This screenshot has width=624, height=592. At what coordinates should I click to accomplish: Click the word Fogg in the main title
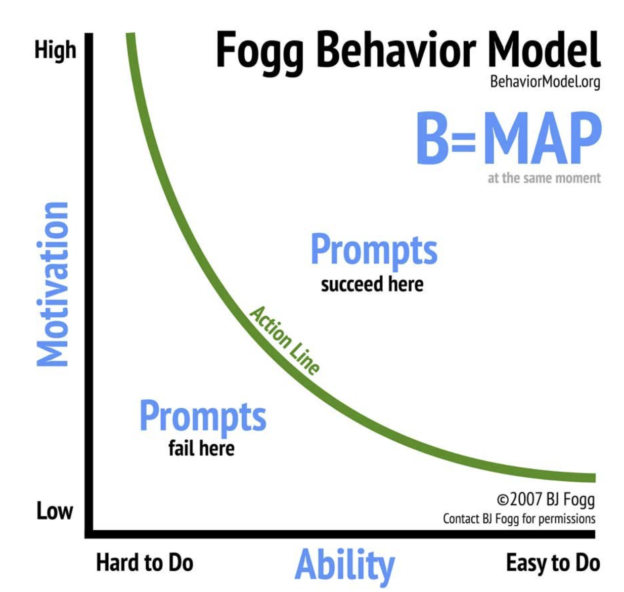pyautogui.click(x=259, y=51)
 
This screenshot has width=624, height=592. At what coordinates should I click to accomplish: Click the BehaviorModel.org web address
pyautogui.click(x=545, y=82)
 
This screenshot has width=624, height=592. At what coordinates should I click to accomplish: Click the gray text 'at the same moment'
pyautogui.click(x=544, y=178)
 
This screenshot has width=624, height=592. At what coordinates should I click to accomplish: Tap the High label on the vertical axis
pyautogui.click(x=55, y=51)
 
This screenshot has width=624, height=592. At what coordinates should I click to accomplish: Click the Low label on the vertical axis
pyautogui.click(x=55, y=511)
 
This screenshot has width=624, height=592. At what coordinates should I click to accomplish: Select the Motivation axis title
pyautogui.click(x=52, y=284)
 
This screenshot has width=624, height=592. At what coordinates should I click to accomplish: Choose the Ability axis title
pyautogui.click(x=344, y=565)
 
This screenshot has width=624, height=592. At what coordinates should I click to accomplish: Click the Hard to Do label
pyautogui.click(x=145, y=563)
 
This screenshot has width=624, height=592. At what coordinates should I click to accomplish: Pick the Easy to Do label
pyautogui.click(x=553, y=563)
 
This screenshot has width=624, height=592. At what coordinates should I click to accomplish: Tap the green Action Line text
pyautogui.click(x=285, y=341)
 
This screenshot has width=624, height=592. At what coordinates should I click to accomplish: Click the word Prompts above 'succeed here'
pyautogui.click(x=374, y=249)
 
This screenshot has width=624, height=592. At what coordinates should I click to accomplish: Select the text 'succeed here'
pyautogui.click(x=372, y=284)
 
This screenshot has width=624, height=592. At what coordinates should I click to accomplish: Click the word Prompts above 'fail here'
pyautogui.click(x=202, y=416)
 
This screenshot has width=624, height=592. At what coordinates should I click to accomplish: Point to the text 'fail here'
pyautogui.click(x=201, y=448)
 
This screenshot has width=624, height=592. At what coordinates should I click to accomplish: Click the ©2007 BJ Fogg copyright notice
pyautogui.click(x=546, y=499)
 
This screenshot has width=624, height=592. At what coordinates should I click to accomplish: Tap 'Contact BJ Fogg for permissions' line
pyautogui.click(x=519, y=519)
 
